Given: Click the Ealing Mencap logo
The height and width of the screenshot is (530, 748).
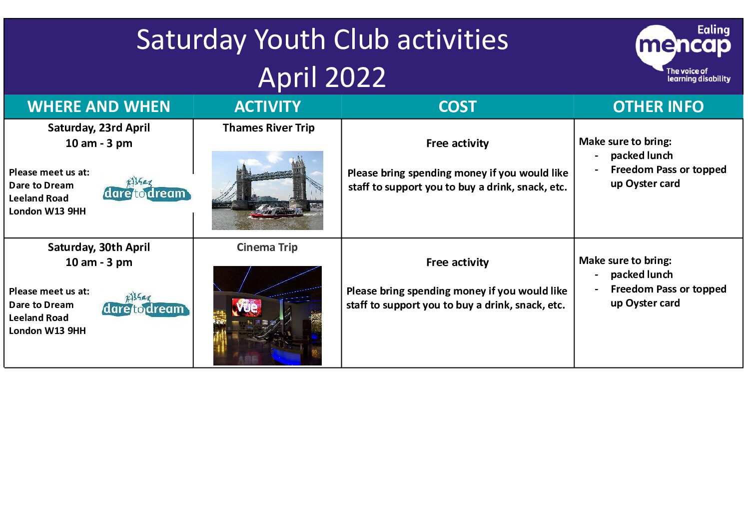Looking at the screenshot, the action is (683, 53).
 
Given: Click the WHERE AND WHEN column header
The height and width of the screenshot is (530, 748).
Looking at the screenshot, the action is (99, 106).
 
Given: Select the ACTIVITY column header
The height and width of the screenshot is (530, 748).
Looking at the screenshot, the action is (267, 106).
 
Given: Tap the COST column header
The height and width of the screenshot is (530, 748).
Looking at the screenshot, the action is (458, 106).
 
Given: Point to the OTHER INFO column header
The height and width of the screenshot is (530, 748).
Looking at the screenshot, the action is (658, 106).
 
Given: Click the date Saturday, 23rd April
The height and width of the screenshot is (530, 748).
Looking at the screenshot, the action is (99, 127).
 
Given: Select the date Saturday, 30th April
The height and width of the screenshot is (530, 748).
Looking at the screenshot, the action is (99, 247).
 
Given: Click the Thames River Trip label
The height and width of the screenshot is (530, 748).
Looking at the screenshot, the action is (268, 127).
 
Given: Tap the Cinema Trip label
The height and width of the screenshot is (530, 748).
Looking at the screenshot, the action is (267, 247).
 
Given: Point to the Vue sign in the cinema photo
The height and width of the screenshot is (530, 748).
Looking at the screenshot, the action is (247, 307).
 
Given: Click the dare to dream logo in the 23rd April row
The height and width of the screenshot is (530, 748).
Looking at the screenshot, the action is (147, 190).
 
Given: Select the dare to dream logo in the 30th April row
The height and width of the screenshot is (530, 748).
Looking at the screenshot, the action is (145, 305).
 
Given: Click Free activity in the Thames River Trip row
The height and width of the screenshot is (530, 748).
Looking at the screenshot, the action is (458, 143).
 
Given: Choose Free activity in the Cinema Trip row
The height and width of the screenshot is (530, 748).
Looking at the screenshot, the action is (458, 262).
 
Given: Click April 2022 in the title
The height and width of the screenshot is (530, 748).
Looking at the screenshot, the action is (322, 77).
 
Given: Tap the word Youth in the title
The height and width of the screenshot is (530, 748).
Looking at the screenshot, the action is (290, 40).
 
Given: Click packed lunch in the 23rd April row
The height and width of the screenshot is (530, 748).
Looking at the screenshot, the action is (642, 155).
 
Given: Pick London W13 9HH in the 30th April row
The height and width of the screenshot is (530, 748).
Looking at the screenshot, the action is (47, 330).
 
